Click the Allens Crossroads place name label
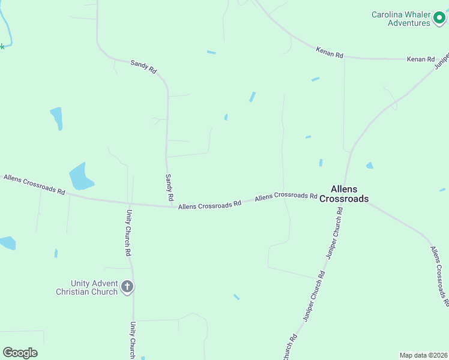point(344,193)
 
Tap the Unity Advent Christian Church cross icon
point(127,287)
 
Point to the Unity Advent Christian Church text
point(86,287)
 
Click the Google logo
point(20,353)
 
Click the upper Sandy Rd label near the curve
point(143,66)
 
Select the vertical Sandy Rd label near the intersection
point(170,187)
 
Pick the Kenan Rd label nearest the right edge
point(420,59)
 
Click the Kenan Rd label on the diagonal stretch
point(330,53)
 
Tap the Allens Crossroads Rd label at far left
point(34,184)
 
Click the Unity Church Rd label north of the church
point(128,233)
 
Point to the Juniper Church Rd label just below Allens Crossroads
point(334,233)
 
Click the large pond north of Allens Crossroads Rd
point(80,176)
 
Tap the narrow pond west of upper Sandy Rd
point(56,117)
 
